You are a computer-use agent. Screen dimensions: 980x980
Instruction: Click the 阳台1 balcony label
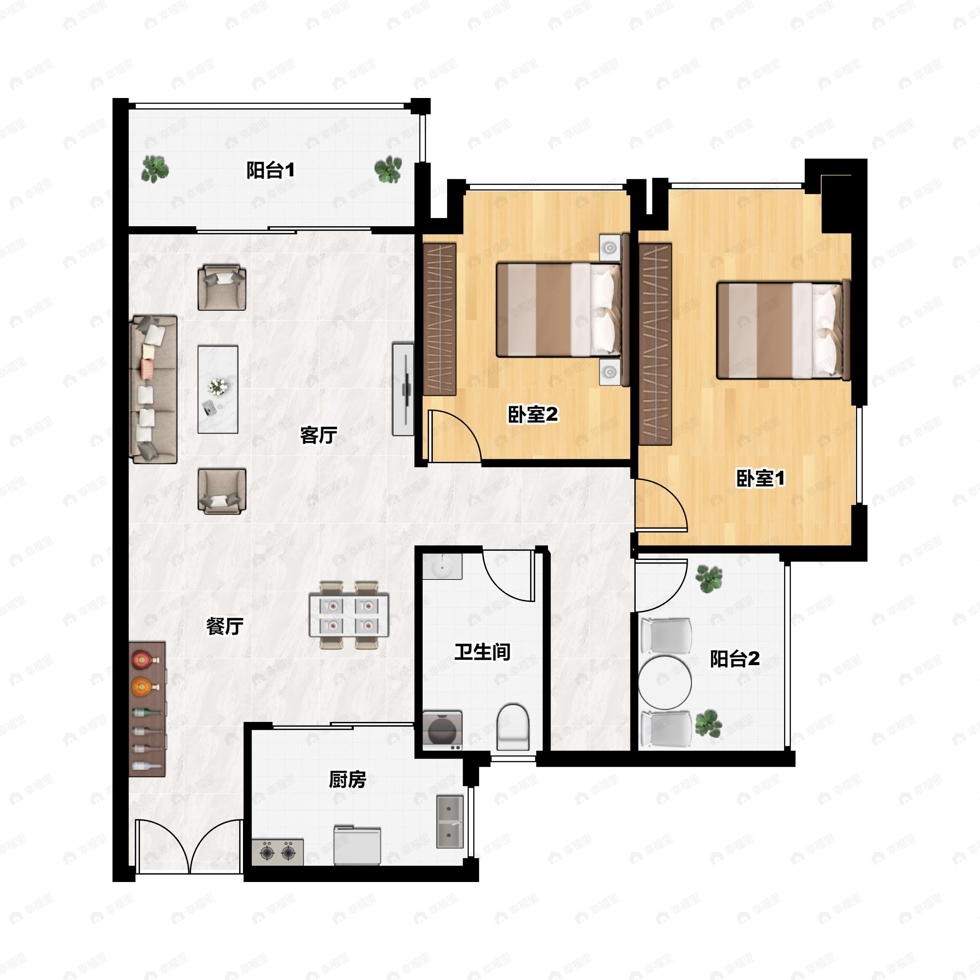(x=270, y=170)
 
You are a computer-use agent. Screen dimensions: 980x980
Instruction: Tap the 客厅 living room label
(x=318, y=435)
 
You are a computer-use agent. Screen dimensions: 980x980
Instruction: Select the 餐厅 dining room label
(x=225, y=626)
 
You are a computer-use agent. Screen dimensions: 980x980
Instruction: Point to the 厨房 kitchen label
(x=347, y=779)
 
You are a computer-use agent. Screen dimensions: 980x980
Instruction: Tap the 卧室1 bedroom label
(x=760, y=478)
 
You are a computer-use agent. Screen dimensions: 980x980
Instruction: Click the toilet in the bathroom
(x=513, y=727)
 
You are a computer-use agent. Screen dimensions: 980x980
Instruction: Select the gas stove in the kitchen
(x=278, y=852)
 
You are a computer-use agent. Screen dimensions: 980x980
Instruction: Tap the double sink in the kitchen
(x=450, y=822)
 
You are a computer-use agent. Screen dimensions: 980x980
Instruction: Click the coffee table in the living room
(x=218, y=390)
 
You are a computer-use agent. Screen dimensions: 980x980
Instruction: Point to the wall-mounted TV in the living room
(x=403, y=389)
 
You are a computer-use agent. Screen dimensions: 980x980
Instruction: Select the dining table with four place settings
(x=349, y=615)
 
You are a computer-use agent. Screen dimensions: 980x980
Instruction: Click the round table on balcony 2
(x=664, y=682)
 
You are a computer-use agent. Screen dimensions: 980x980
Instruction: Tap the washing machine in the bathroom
(x=443, y=730)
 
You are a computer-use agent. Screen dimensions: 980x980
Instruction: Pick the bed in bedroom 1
(x=783, y=331)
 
